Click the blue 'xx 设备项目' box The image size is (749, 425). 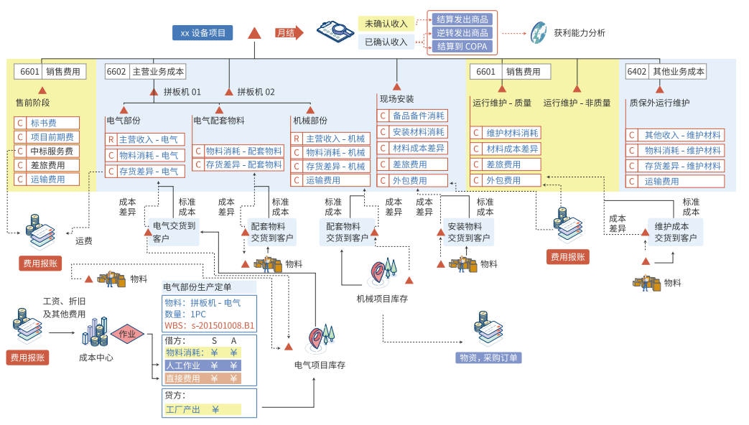203,33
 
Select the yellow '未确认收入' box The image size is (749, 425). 386,24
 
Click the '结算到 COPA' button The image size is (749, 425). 462,47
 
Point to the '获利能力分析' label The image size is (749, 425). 579,33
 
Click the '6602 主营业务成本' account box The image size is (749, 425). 146,72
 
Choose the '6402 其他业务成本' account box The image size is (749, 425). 666,72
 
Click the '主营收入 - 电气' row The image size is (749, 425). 146,139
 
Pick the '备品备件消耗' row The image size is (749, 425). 412,116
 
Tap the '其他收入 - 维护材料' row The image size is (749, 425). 675,135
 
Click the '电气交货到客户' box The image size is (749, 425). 173,232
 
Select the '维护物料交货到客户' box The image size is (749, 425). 675,232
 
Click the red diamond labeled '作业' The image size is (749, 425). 127,334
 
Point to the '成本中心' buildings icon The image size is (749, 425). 96,332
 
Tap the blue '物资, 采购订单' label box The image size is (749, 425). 488,358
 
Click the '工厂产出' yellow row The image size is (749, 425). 202,409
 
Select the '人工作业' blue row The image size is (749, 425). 203,365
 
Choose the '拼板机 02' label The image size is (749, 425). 256,92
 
